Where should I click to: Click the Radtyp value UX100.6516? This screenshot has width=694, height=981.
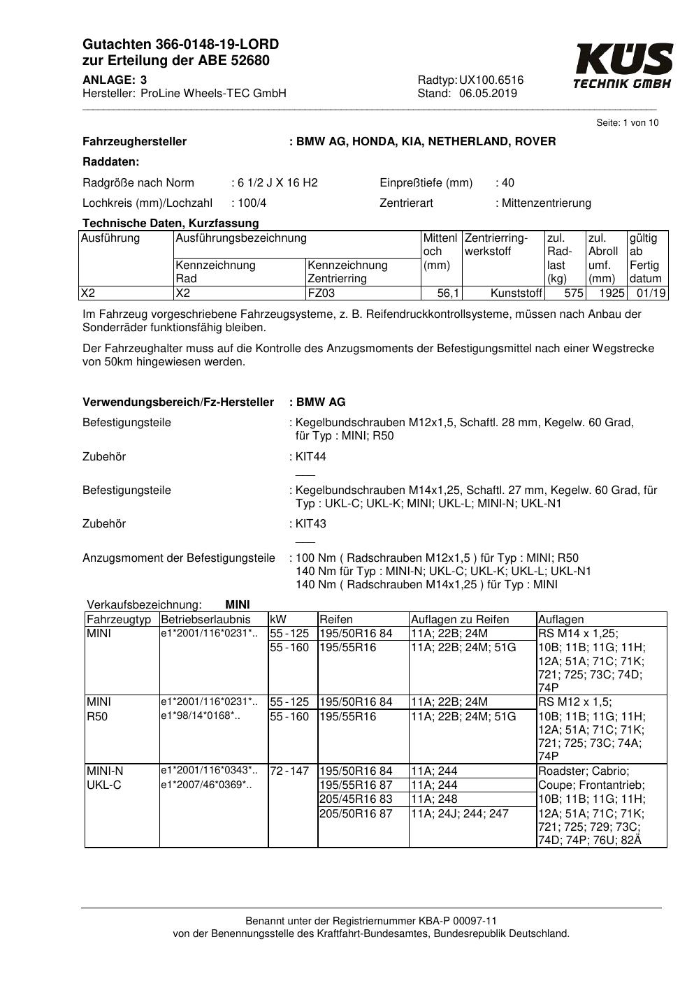(x=491, y=80)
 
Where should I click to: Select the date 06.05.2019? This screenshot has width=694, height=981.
(x=488, y=94)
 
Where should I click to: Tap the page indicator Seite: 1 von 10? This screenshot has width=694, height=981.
(x=627, y=123)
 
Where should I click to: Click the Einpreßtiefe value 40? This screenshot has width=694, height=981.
(x=507, y=183)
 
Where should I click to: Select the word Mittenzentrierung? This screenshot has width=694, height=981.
(x=547, y=203)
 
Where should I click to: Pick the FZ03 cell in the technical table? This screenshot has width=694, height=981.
(x=317, y=293)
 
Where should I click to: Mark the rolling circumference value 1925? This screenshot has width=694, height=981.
(x=612, y=293)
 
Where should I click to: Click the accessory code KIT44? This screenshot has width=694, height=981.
(x=311, y=457)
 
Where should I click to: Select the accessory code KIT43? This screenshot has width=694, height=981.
(x=311, y=524)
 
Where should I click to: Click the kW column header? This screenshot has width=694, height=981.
(x=277, y=619)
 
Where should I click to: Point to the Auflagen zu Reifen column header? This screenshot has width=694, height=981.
(x=460, y=619)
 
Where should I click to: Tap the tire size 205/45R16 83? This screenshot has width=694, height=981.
(x=356, y=799)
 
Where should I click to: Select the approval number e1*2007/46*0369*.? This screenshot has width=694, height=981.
(x=206, y=785)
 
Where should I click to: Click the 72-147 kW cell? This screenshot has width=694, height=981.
(x=289, y=771)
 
